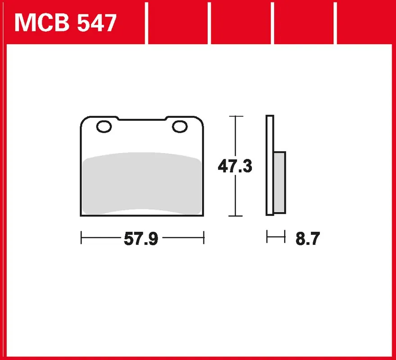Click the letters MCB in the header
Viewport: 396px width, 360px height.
point(41,23)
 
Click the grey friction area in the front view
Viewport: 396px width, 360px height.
point(142,182)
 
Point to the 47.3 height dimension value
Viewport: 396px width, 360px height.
point(235,166)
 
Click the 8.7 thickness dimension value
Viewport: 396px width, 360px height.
point(307,239)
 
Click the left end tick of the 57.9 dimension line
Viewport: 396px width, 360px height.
point(81,238)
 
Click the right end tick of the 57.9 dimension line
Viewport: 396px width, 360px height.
point(204,238)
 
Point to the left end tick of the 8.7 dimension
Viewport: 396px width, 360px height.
point(267,237)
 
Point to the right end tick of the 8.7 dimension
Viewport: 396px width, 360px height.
point(285,237)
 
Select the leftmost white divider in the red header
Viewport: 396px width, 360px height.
point(147,23)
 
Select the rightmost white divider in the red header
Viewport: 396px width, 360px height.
point(336,23)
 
